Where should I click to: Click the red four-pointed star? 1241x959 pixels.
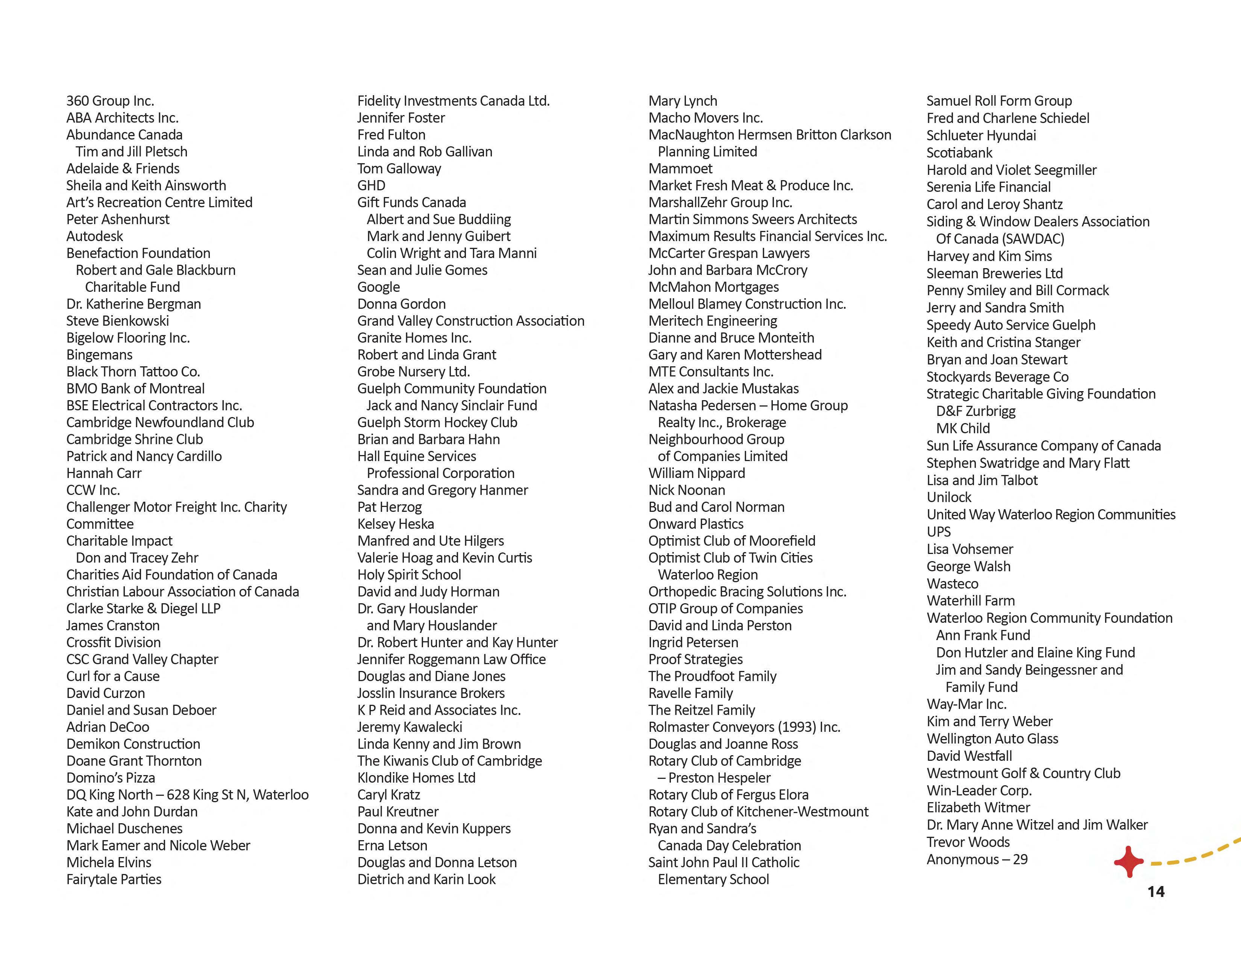pos(1129,861)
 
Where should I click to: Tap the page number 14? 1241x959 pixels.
pos(1156,892)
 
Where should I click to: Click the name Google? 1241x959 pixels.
pos(378,287)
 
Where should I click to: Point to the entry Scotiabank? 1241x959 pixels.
pos(959,153)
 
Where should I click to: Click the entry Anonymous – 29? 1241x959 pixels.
pos(977,860)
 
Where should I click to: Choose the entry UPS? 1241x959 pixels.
pos(938,532)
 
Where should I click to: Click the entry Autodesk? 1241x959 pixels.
pos(94,236)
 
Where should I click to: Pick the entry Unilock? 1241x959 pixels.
pos(949,498)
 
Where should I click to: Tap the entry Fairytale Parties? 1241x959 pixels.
pos(114,880)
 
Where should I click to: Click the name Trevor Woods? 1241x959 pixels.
pos(968,842)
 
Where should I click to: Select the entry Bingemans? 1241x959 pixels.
pos(99,355)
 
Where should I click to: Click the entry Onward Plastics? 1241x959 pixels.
pos(695,524)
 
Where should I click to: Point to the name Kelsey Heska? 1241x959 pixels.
pos(396,524)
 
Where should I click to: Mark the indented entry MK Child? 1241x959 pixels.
pos(963,428)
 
